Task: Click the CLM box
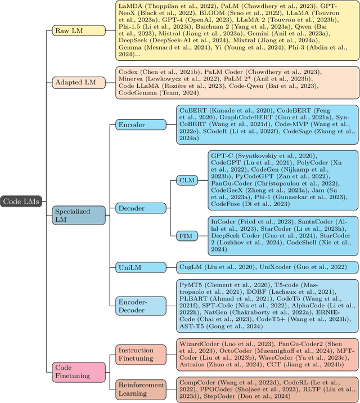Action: (x=186, y=180)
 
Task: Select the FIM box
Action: (x=186, y=236)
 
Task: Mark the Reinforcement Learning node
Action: (x=141, y=389)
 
